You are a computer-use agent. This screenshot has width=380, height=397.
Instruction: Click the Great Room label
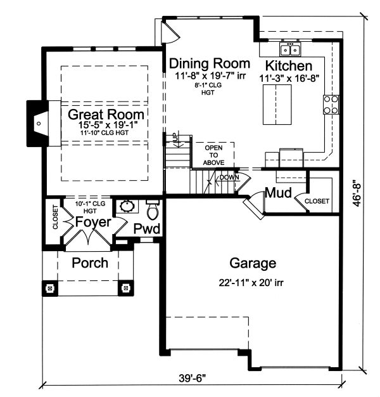click(x=106, y=115)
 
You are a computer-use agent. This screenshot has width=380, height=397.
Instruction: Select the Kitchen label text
click(x=288, y=66)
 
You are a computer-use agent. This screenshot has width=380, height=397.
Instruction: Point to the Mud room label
click(x=278, y=193)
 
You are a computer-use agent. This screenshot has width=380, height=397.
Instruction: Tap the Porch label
click(x=89, y=263)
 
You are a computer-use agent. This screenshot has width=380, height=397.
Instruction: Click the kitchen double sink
click(x=291, y=49)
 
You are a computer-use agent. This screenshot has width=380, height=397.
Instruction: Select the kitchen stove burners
click(x=331, y=104)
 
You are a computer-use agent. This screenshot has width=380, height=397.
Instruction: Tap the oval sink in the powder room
click(x=126, y=207)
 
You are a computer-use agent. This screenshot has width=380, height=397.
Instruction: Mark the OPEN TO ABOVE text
click(x=213, y=155)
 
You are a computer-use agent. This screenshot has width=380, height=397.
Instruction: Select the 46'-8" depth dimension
click(x=359, y=192)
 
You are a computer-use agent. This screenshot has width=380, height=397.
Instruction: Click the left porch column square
click(x=49, y=289)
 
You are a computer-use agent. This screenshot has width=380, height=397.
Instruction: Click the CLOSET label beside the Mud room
click(x=317, y=201)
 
